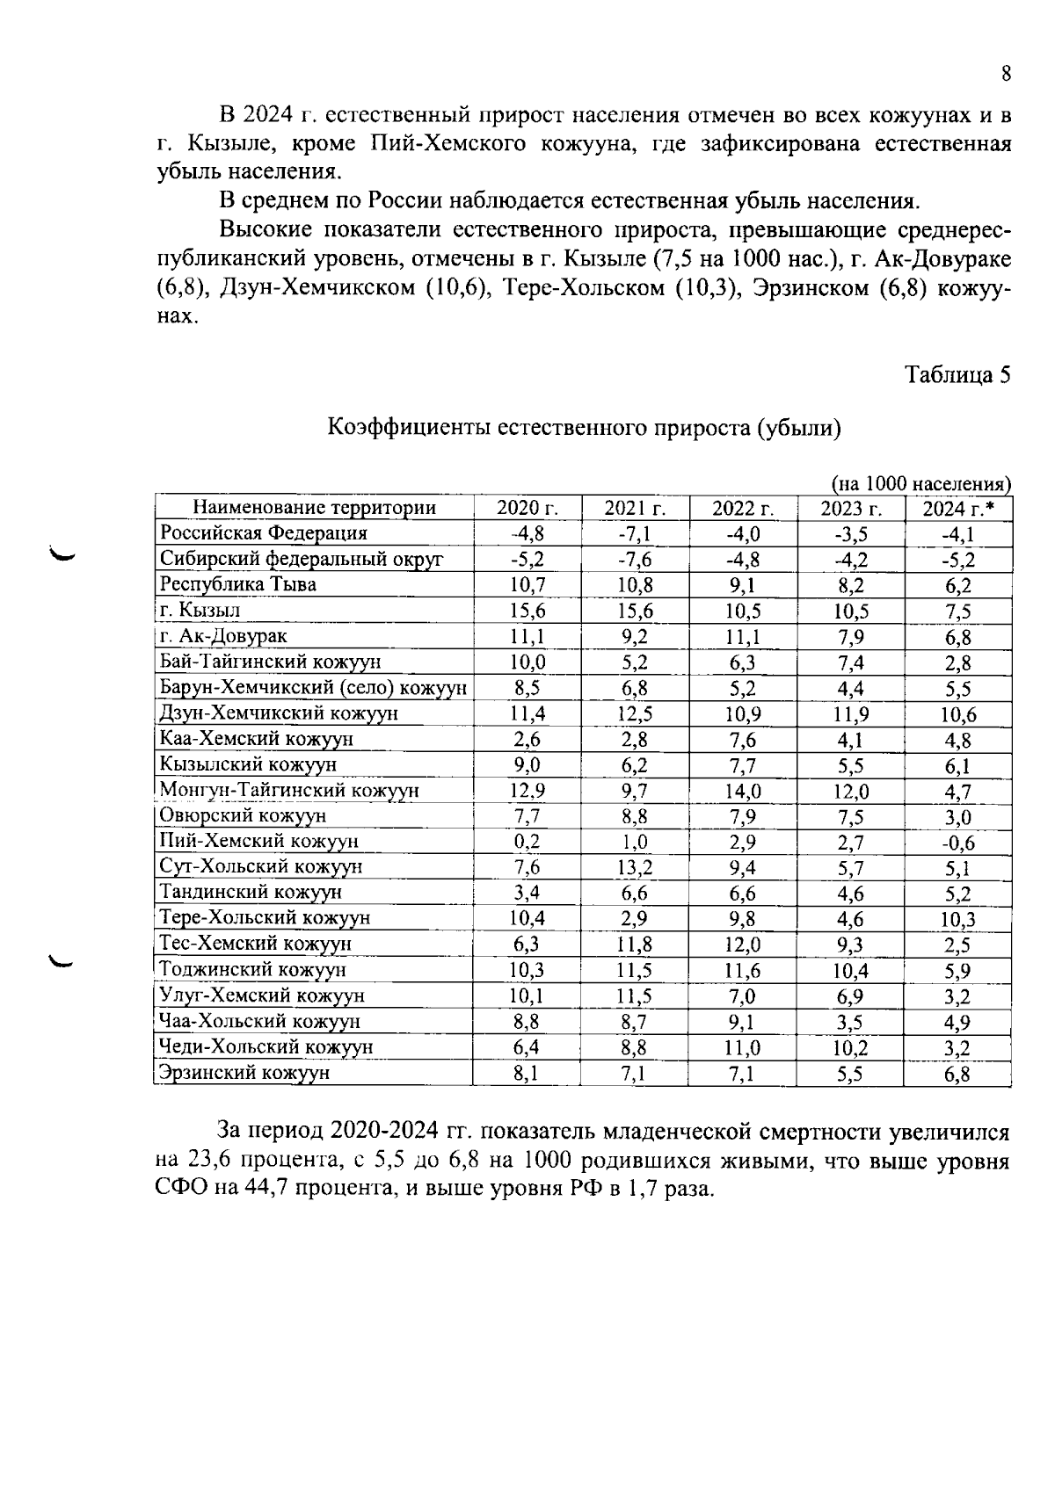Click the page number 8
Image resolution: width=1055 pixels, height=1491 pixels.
[1006, 74]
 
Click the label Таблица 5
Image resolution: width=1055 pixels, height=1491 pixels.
[957, 375]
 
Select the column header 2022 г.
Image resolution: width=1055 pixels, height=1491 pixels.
[743, 509]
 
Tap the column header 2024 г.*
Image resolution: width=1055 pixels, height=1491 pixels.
[958, 509]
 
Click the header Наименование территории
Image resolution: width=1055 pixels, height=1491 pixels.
[314, 508]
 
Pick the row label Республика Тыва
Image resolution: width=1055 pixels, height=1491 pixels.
[237, 584]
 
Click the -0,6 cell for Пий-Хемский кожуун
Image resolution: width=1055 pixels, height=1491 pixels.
[957, 843]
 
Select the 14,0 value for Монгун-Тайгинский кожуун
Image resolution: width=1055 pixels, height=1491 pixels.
[743, 791]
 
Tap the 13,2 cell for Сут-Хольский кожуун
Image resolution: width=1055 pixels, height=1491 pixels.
[635, 868]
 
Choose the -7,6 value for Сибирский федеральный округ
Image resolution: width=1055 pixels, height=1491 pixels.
[635, 560]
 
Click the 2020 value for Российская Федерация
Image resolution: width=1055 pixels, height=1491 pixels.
[527, 534]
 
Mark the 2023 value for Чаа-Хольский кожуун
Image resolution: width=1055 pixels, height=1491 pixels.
[850, 1022]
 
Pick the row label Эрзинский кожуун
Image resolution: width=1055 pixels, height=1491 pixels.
[244, 1073]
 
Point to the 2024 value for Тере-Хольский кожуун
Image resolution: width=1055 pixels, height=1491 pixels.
[957, 920]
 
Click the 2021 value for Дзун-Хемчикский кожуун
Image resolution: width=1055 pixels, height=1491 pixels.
[635, 713]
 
